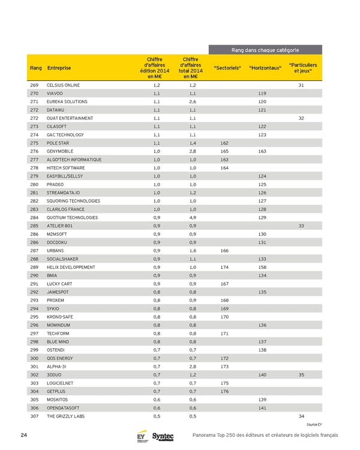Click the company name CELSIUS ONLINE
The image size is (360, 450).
[63, 86]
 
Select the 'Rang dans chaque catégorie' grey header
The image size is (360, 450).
[265, 49]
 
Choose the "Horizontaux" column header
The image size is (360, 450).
[265, 67]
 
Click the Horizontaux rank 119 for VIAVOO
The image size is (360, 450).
[262, 94]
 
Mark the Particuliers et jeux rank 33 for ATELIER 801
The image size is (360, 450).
[301, 226]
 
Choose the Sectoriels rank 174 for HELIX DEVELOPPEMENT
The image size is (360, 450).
[224, 266]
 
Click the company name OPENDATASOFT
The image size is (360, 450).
[64, 407]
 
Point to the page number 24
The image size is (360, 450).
[23, 435]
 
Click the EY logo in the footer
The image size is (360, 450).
[142, 436]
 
